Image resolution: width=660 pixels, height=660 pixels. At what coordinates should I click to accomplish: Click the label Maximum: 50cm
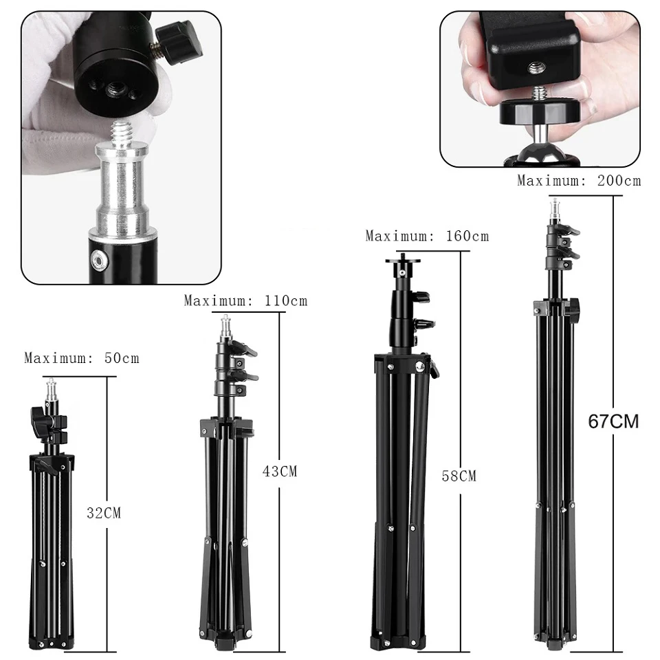click(x=82, y=358)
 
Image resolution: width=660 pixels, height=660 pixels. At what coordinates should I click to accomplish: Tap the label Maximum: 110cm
click(x=245, y=300)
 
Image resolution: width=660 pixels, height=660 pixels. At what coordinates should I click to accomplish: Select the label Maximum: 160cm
click(x=427, y=236)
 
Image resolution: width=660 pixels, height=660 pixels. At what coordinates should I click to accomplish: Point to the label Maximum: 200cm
click(x=579, y=181)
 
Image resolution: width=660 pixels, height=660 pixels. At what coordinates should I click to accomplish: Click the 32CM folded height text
click(x=104, y=512)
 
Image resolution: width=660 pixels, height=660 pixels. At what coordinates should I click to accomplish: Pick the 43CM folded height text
click(x=280, y=472)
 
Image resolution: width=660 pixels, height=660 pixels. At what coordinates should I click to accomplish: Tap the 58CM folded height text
click(x=459, y=476)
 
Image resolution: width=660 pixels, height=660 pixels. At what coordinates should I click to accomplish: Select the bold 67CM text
click(x=613, y=421)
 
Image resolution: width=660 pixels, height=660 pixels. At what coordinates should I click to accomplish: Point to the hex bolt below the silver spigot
click(x=101, y=259)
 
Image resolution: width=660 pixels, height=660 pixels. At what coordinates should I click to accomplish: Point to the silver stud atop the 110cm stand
click(x=225, y=327)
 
